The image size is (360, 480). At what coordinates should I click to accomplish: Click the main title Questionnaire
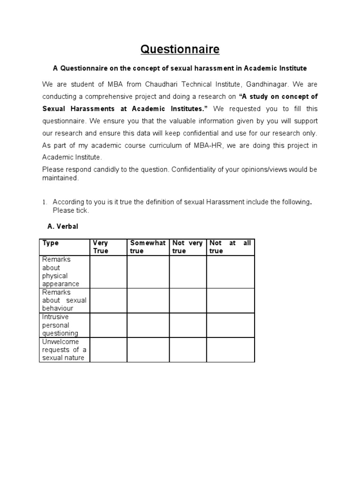tap(180, 49)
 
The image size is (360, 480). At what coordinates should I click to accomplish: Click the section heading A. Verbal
tap(63, 226)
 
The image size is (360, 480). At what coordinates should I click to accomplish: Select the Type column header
tap(50, 243)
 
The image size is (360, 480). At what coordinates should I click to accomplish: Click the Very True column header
tap(101, 247)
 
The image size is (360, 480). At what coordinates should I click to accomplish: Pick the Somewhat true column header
tap(148, 247)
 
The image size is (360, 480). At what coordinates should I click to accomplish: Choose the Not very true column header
tap(187, 247)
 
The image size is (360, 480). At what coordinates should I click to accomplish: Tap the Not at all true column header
tap(230, 247)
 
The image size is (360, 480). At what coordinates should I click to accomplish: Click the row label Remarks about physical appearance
tap(60, 271)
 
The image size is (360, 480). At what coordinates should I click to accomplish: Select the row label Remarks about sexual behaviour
tap(64, 300)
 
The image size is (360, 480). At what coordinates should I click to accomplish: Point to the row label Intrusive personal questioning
tap(60, 325)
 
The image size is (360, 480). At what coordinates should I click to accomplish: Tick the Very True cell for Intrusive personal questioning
tap(108, 325)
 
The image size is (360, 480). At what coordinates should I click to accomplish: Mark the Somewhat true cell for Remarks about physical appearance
tap(148, 271)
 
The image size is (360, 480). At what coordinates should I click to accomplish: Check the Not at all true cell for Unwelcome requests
tap(230, 350)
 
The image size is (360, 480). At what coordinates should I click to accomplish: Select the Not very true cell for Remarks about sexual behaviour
tap(187, 300)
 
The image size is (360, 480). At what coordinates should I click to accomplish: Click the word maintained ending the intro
tap(60, 178)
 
